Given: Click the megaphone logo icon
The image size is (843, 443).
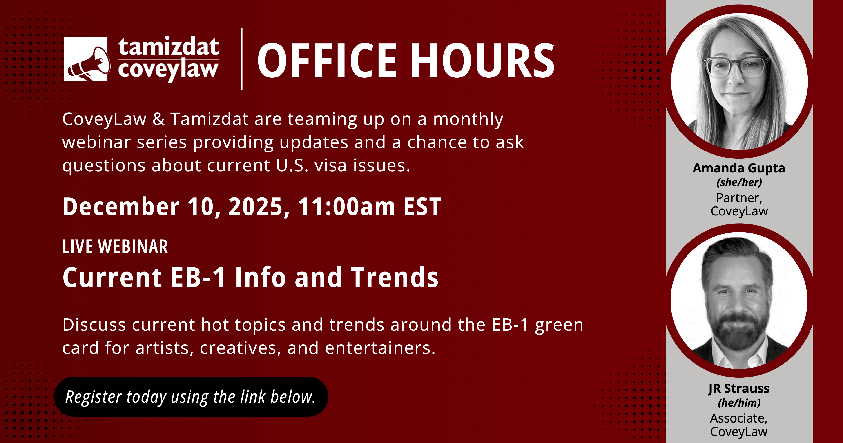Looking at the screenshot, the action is tap(86, 59).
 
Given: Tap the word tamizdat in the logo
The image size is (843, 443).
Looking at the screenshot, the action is tap(169, 47).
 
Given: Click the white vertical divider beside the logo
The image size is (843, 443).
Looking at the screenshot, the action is tap(242, 59).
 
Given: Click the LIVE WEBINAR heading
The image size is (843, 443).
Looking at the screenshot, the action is tap(115, 247).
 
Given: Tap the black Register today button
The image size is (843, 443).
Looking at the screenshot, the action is tap(191, 397).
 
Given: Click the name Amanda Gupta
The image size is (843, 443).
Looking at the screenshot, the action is tap(739, 168).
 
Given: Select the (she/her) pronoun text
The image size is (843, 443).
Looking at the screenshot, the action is tap(739, 182).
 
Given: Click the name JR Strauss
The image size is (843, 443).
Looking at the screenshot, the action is tap(739, 389).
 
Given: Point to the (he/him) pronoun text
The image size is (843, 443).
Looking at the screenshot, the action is tap(739, 403).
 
